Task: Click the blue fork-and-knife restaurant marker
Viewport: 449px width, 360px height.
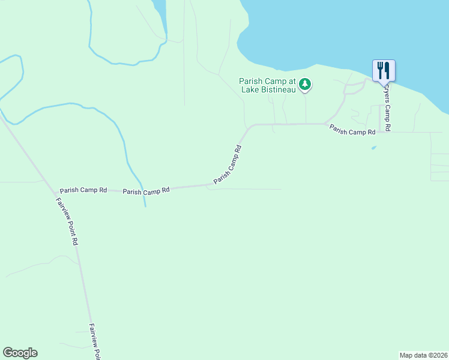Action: point(384,70)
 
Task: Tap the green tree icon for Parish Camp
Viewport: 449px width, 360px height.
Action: point(306,84)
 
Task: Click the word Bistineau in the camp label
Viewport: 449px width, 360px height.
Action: point(277,90)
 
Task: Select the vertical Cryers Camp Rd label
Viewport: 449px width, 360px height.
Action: point(388,107)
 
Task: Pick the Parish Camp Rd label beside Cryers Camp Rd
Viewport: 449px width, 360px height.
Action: point(352,129)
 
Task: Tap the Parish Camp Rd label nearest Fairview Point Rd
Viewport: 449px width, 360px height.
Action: point(83,190)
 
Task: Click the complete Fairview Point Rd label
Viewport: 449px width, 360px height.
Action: point(68,220)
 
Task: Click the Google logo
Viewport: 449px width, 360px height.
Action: point(20,353)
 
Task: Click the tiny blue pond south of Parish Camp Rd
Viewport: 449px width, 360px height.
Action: point(374,147)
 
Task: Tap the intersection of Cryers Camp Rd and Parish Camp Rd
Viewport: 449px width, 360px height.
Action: point(381,125)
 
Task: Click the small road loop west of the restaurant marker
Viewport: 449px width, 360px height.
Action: point(354,88)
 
